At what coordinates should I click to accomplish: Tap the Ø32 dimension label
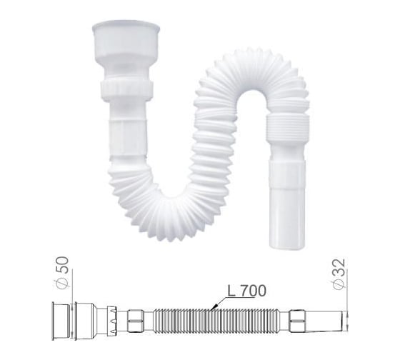pyautogui.click(x=339, y=270)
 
